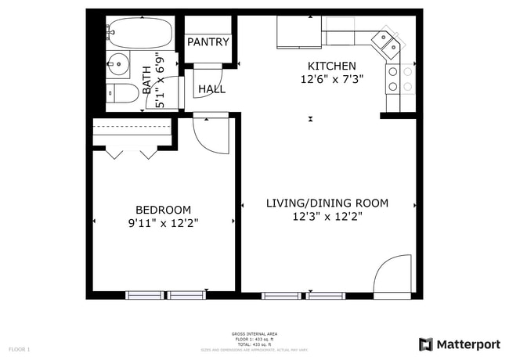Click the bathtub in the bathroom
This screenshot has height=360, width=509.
pyautogui.click(x=139, y=33)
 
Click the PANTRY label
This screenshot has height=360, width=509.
pyautogui.click(x=208, y=42)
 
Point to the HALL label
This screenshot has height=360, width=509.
pyautogui.click(x=211, y=89)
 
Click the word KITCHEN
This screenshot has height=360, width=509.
pyautogui.click(x=331, y=66)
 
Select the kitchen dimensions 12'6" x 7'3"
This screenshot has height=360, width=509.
pyautogui.click(x=331, y=80)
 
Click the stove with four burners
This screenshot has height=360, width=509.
pyautogui.click(x=393, y=78)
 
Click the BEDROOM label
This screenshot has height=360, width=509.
pyautogui.click(x=163, y=210)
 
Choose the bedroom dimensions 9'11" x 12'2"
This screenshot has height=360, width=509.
pyautogui.click(x=163, y=223)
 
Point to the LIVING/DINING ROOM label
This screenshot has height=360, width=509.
pyautogui.click(x=327, y=203)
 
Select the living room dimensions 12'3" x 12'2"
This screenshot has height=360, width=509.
pyautogui.click(x=327, y=217)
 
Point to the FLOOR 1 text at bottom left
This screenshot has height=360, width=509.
pyautogui.click(x=20, y=348)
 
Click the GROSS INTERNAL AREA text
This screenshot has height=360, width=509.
pyautogui.click(x=254, y=334)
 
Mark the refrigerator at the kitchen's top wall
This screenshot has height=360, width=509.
pyautogui.click(x=299, y=32)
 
